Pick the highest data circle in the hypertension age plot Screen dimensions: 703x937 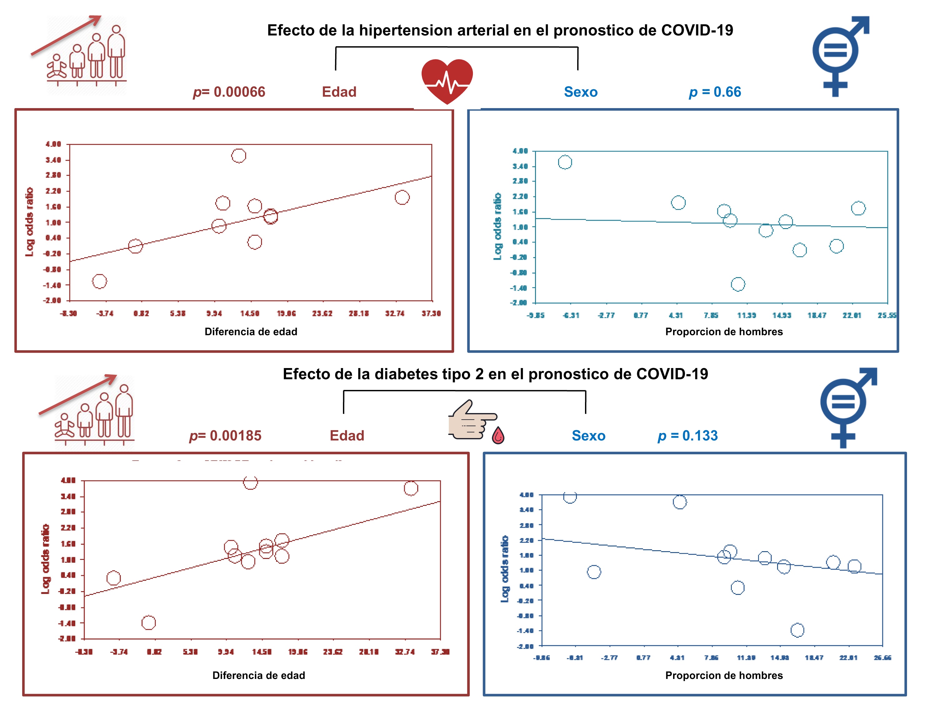(239, 156)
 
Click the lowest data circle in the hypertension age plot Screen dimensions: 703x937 (100, 281)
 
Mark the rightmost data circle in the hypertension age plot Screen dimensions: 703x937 (402, 197)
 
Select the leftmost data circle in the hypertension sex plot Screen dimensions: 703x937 (565, 162)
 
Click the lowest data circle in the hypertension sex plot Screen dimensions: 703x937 (738, 284)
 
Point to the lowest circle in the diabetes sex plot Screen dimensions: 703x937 (797, 630)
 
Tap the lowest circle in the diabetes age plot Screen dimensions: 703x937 (148, 622)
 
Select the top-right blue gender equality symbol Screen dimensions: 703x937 (839, 55)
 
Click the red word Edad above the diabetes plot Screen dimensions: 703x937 (347, 436)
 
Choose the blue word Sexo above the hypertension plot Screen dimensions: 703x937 (580, 92)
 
